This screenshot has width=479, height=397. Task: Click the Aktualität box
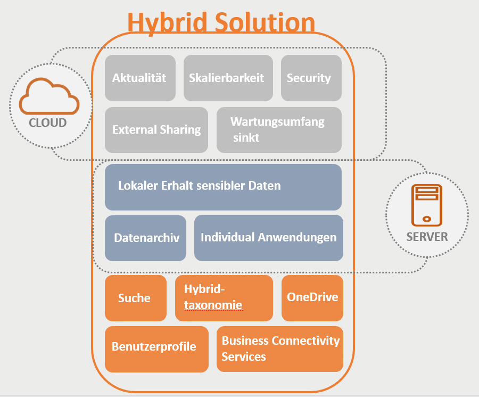tap(140, 78)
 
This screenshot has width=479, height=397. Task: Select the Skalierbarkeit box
tap(228, 78)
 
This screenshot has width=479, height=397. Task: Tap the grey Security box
tap(311, 78)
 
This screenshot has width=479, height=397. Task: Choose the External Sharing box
tap(156, 130)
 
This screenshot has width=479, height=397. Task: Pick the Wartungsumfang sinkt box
tap(279, 130)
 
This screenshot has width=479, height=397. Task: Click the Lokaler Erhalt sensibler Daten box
tap(224, 187)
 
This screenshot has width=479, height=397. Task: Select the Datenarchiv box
tap(145, 238)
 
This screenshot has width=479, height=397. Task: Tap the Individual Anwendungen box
tap(269, 238)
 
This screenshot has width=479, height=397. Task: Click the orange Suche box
tap(136, 298)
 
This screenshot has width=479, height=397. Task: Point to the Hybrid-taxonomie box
tap(224, 298)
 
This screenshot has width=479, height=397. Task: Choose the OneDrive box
tap(312, 298)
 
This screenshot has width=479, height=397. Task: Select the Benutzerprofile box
tap(156, 349)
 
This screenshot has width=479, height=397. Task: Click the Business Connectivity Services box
tap(280, 349)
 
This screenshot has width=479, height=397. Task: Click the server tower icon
tap(427, 205)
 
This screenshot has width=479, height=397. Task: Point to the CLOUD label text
tap(48, 123)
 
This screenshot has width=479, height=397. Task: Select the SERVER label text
tap(427, 237)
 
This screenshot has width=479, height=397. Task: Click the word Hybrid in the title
tap(168, 22)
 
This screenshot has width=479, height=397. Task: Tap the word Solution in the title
tap(265, 22)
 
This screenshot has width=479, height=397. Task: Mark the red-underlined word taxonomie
tap(213, 305)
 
